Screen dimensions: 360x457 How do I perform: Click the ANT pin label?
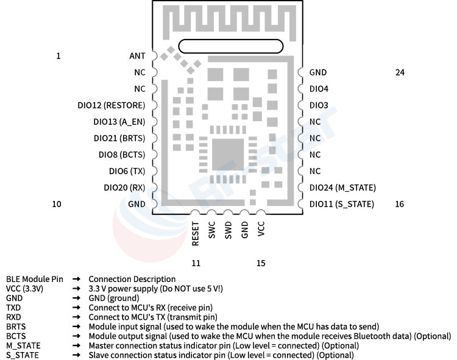point(137,55)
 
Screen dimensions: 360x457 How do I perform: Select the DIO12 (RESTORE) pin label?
point(112,105)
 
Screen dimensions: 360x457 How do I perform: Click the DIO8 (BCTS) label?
point(122,155)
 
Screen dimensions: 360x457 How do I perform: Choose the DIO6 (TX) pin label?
point(127,171)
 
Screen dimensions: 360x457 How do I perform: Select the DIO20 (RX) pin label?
point(124,188)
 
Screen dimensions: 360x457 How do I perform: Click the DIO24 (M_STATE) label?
point(342,188)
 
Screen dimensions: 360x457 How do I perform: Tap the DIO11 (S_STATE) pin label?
point(342,204)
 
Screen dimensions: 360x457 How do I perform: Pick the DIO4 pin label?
point(319,88)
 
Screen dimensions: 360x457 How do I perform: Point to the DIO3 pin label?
point(319,105)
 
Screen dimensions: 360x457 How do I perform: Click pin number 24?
point(400,72)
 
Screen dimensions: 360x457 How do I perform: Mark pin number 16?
point(400,204)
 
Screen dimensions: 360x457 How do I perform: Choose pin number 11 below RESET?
point(196,263)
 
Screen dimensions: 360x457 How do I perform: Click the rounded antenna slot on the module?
point(231,46)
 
